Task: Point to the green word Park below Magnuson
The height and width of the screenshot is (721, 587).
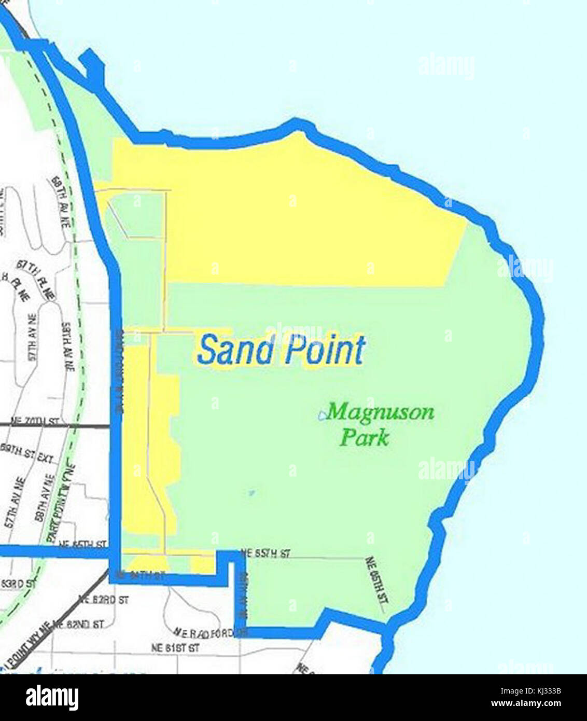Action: coord(364,437)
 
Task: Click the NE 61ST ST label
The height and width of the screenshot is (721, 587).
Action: coord(175,648)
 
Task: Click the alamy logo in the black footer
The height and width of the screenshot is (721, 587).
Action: coord(52,698)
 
